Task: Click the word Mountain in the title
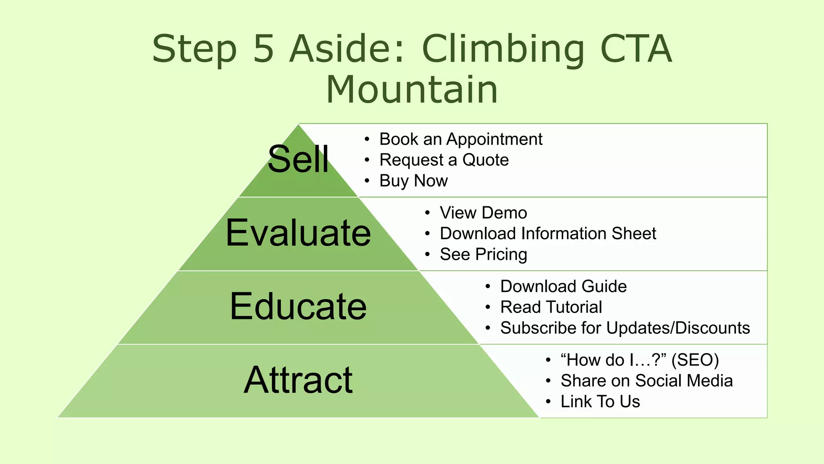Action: pyautogui.click(x=412, y=89)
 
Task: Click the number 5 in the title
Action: pyautogui.click(x=264, y=49)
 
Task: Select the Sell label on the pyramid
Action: pyautogui.click(x=298, y=159)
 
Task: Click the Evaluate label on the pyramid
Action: pyautogui.click(x=298, y=233)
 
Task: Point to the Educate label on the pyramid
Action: pyautogui.click(x=298, y=307)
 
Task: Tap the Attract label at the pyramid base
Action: pyautogui.click(x=298, y=380)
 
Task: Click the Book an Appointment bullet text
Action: pyautogui.click(x=461, y=139)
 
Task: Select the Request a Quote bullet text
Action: pyautogui.click(x=444, y=160)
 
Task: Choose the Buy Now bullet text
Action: pyautogui.click(x=413, y=181)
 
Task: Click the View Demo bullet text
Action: pyautogui.click(x=483, y=213)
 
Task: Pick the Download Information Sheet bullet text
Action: pyautogui.click(x=548, y=234)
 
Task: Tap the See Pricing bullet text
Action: pyautogui.click(x=483, y=255)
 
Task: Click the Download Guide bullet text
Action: pyautogui.click(x=563, y=286)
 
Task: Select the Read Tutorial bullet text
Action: pyautogui.click(x=551, y=307)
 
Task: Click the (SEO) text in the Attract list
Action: pyautogui.click(x=695, y=360)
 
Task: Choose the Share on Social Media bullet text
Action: pyautogui.click(x=647, y=381)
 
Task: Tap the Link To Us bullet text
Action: pyautogui.click(x=600, y=402)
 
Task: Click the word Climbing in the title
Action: pyautogui.click(x=503, y=49)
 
